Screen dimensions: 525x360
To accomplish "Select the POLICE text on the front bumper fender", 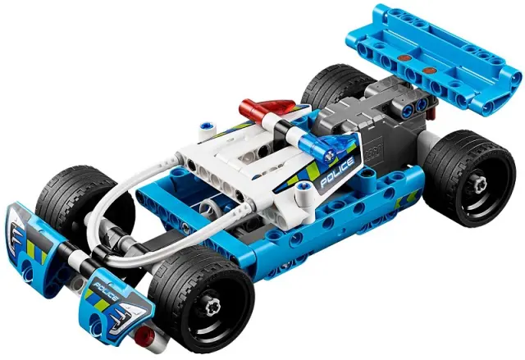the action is click(106, 292).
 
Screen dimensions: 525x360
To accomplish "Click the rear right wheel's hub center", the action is click(479, 184).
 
